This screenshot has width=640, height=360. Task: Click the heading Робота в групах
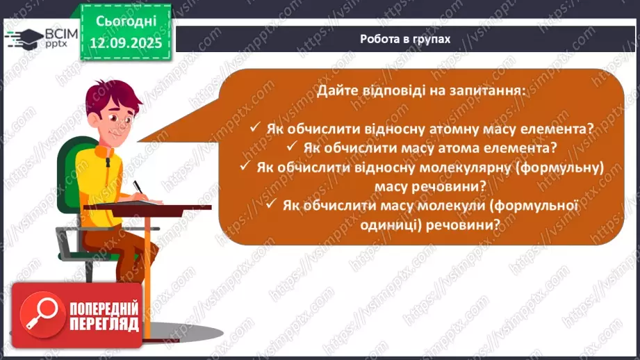pyautogui.click(x=405, y=39)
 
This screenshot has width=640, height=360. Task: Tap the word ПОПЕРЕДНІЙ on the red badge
pyautogui.click(x=104, y=308)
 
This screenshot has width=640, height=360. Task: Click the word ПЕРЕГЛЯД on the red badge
pyautogui.click(x=104, y=324)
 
